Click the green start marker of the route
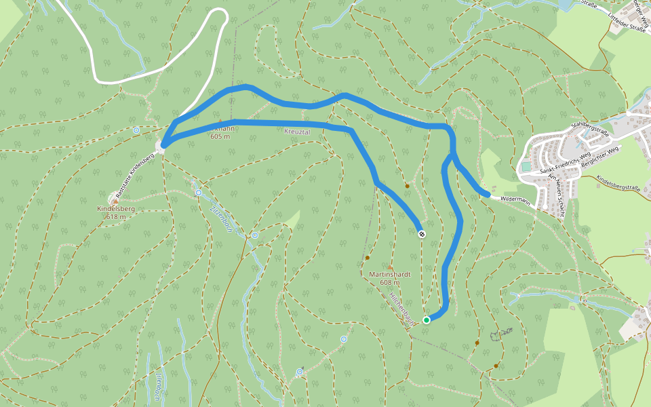click(426, 319)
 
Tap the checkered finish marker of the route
click(422, 234)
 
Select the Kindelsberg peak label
click(116, 209)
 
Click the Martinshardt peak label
click(390, 274)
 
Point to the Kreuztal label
click(297, 132)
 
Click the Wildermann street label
click(515, 199)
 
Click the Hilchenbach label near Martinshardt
click(401, 309)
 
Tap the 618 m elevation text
click(116, 217)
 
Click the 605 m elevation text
click(220, 136)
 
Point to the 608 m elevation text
click(389, 282)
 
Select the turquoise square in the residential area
click(526, 166)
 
